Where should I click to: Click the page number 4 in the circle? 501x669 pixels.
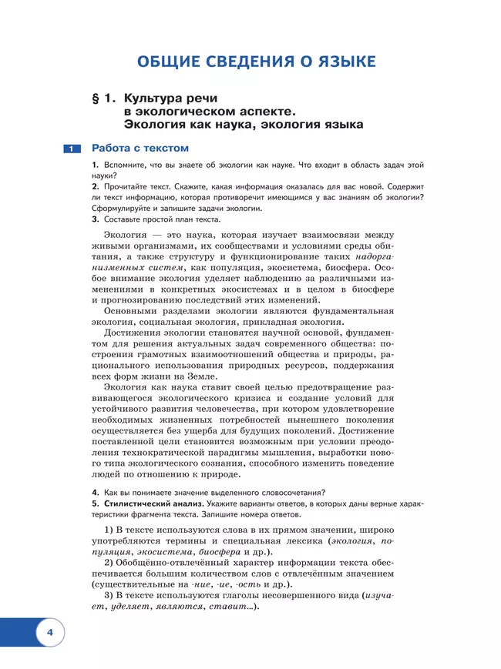pyautogui.click(x=49, y=633)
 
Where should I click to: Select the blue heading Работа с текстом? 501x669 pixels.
pyautogui.click(x=140, y=148)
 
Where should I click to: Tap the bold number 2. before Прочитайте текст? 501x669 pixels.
pyautogui.click(x=95, y=186)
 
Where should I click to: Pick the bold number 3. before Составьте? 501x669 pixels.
pyautogui.click(x=95, y=219)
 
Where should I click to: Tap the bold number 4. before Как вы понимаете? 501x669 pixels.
pyautogui.click(x=95, y=493)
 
